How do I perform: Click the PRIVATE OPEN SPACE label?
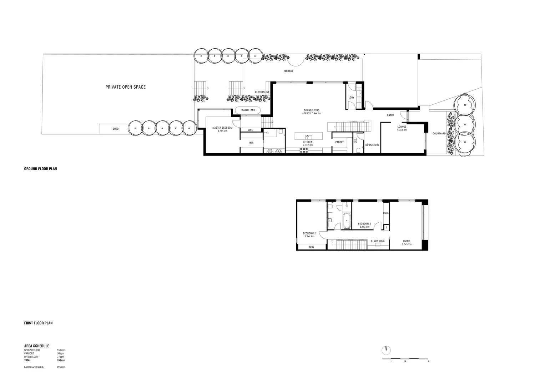tap(125, 87)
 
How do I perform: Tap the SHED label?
tap(115, 129)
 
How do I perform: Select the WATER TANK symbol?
tap(248, 110)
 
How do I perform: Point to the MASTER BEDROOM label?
tap(222, 128)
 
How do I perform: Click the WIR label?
tap(251, 143)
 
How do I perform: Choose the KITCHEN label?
tap(308, 142)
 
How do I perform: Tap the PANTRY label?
tap(339, 142)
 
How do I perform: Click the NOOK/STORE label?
tap(372, 145)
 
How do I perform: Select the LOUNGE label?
tap(402, 127)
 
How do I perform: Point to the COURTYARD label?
tap(439, 134)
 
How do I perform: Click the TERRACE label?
tap(288, 71)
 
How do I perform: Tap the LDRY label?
tap(351, 97)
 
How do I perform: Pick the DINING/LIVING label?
tap(312, 110)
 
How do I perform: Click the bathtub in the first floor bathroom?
tap(346, 221)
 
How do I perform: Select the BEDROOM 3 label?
tap(364, 224)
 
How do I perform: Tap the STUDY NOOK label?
tap(378, 241)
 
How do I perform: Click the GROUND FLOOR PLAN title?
tap(40, 169)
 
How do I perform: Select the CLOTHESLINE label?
tap(262, 92)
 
